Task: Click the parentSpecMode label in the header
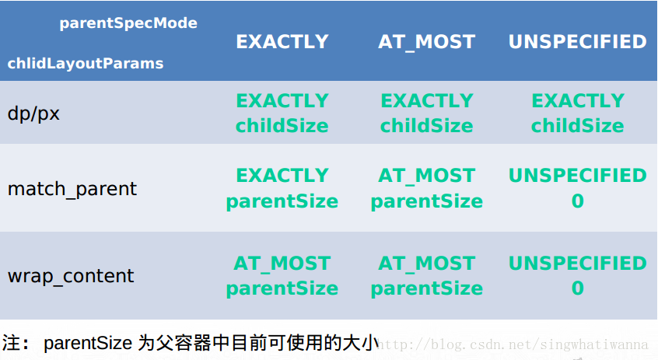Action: (x=128, y=23)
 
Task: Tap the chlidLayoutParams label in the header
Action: (x=86, y=63)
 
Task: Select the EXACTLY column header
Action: (x=282, y=42)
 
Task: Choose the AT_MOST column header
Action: (x=426, y=42)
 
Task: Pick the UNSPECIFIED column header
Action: (x=577, y=42)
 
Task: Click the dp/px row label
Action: (x=33, y=114)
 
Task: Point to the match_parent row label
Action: (x=72, y=189)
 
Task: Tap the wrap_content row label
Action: (x=71, y=276)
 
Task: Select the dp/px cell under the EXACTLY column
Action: (x=282, y=114)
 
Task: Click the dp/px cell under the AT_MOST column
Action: (x=426, y=114)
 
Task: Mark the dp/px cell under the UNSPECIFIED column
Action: (x=577, y=114)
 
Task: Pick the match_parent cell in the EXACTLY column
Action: (x=282, y=188)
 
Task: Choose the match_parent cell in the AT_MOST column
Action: (x=426, y=188)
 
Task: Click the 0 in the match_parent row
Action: (x=577, y=201)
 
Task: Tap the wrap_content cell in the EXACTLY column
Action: (x=282, y=276)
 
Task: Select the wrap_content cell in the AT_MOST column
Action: (x=426, y=276)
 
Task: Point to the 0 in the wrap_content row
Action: (x=577, y=288)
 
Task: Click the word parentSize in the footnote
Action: (x=89, y=343)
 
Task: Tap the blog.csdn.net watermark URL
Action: (x=516, y=344)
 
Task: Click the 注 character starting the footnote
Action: (x=12, y=343)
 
